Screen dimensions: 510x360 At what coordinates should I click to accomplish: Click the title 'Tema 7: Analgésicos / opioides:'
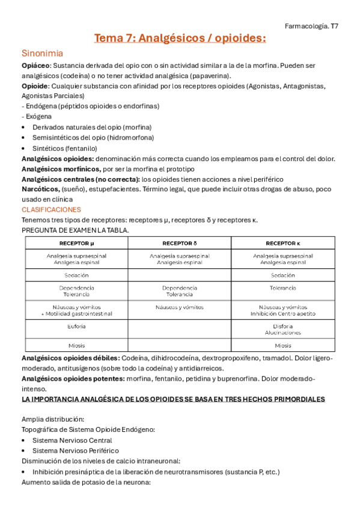coord(180,39)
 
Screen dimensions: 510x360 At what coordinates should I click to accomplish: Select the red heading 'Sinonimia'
coord(42,53)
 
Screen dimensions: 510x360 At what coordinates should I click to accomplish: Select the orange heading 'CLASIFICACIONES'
coord(51,209)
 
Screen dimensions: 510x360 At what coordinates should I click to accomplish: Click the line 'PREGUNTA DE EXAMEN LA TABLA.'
coord(75,230)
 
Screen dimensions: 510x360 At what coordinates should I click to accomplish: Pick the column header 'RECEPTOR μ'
coord(76,243)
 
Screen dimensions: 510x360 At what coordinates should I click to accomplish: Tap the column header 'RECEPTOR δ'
coord(180,243)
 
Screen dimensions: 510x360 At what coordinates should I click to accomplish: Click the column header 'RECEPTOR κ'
coord(283,243)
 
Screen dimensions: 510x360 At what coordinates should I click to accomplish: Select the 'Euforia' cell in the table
coord(76,326)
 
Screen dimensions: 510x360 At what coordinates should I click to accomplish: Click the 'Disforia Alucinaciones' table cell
coord(283,329)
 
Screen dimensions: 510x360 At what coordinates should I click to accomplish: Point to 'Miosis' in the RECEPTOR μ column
coord(76,345)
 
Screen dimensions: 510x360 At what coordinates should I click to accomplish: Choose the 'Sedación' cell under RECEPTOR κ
coord(283,274)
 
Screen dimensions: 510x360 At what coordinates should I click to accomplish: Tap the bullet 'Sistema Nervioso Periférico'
coord(76,450)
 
